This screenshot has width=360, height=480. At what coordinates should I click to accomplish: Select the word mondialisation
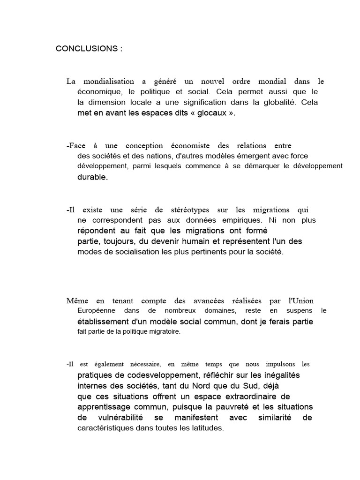(106, 81)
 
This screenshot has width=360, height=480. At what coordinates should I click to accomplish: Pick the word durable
(92, 177)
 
